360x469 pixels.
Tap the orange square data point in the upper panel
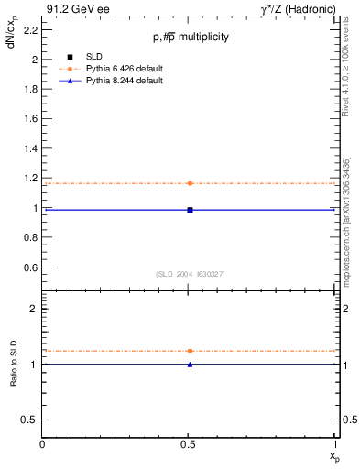point(190,183)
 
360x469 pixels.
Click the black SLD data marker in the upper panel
point(190,210)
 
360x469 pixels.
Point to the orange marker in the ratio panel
point(190,351)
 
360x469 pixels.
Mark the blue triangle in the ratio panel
point(190,365)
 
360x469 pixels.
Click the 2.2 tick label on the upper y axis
point(29,29)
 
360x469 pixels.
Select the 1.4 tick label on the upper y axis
point(29,148)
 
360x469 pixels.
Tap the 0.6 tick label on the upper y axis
point(29,267)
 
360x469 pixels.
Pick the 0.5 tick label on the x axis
point(190,445)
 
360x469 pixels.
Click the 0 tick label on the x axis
point(43,445)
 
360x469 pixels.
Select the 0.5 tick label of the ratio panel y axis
point(30,420)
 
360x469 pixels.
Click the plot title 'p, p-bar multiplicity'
point(191,38)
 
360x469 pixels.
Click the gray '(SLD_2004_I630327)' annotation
point(191,275)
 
